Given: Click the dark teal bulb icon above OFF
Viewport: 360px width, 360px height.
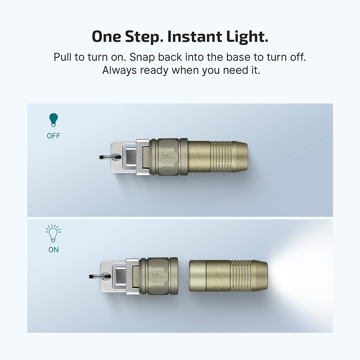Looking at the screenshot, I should pyautogui.click(x=54, y=120).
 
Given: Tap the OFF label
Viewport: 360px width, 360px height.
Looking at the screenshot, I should pyautogui.click(x=54, y=136).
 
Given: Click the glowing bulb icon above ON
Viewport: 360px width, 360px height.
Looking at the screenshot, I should pyautogui.click(x=54, y=233).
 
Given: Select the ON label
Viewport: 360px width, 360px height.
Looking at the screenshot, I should pyautogui.click(x=54, y=249).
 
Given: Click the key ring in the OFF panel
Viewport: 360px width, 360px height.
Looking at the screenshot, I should pyautogui.click(x=110, y=157).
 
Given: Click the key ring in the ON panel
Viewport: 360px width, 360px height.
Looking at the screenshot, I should pyautogui.click(x=100, y=276).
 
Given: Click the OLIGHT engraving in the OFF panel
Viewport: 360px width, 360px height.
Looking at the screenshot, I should pyautogui.click(x=198, y=157).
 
